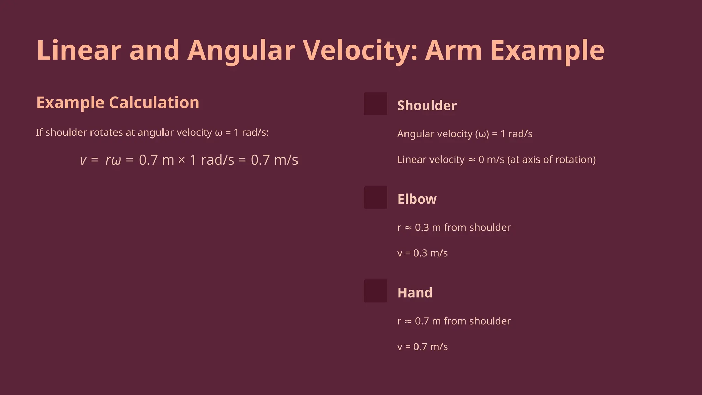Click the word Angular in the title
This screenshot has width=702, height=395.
click(241, 51)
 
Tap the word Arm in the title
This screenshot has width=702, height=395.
click(453, 51)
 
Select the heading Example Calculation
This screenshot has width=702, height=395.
click(118, 103)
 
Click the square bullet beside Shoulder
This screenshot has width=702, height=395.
click(375, 104)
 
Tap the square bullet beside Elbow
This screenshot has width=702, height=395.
click(375, 197)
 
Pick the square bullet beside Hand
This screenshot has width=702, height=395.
click(375, 291)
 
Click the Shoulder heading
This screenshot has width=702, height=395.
click(427, 106)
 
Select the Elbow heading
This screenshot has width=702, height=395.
click(417, 199)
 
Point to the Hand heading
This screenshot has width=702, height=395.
click(415, 293)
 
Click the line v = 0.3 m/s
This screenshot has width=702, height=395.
click(422, 253)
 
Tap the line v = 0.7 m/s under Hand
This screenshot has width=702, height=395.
click(422, 347)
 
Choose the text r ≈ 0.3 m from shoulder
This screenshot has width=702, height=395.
click(454, 227)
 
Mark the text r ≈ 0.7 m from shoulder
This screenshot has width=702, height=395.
click(454, 321)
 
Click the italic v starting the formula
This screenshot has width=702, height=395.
click(83, 160)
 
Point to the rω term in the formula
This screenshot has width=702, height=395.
click(113, 160)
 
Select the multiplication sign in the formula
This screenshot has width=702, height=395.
click(182, 160)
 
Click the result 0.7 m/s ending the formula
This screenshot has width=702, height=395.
click(274, 160)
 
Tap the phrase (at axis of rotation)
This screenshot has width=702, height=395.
click(552, 159)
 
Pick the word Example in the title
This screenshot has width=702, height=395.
click(547, 51)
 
